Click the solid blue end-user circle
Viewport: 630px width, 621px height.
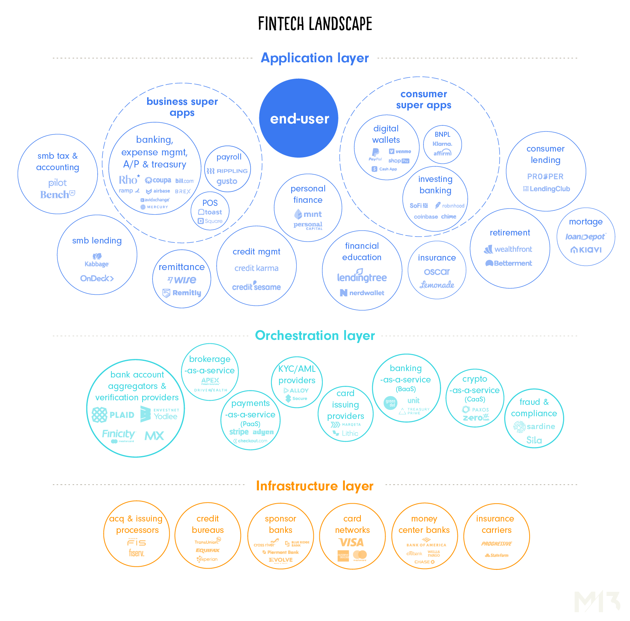click(x=299, y=118)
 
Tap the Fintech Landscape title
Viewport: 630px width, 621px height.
click(x=315, y=24)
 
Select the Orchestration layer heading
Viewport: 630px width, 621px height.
click(x=315, y=336)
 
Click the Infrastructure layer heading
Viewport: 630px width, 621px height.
click(x=315, y=486)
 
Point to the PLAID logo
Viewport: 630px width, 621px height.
click(x=113, y=415)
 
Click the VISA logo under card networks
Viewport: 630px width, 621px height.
click(x=351, y=542)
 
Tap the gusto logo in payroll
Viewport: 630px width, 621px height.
click(x=227, y=182)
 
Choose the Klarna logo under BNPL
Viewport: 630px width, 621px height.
click(x=443, y=144)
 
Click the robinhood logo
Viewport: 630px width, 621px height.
click(x=450, y=205)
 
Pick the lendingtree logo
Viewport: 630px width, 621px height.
click(x=362, y=277)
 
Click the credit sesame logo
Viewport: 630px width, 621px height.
click(x=257, y=287)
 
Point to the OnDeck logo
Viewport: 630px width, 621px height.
click(x=97, y=278)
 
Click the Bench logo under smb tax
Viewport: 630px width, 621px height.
click(x=57, y=195)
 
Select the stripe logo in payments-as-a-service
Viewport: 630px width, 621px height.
click(x=239, y=432)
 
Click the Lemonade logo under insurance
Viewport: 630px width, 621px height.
click(x=437, y=285)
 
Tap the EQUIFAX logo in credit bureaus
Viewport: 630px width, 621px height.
click(x=208, y=550)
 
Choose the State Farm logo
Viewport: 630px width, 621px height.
click(x=497, y=555)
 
